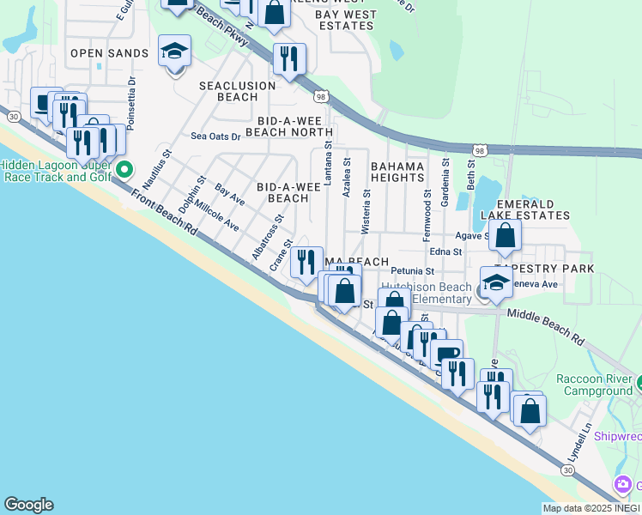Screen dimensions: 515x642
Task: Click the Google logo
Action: pyautogui.click(x=28, y=505)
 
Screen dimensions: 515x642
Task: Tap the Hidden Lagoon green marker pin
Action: pyautogui.click(x=123, y=169)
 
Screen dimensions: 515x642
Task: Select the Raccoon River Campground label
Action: pyautogui.click(x=594, y=385)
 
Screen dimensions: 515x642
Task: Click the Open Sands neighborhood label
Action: pyautogui.click(x=109, y=53)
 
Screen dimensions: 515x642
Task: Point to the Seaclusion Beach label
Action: pyautogui.click(x=237, y=91)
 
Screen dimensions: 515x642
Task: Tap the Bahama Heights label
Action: pyautogui.click(x=398, y=171)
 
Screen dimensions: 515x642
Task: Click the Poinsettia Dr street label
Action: pyautogui.click(x=131, y=104)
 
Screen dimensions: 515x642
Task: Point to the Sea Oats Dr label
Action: pyautogui.click(x=215, y=136)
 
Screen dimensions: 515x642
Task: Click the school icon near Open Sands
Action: pyautogui.click(x=174, y=52)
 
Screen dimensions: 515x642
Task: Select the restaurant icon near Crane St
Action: pyautogui.click(x=306, y=261)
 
